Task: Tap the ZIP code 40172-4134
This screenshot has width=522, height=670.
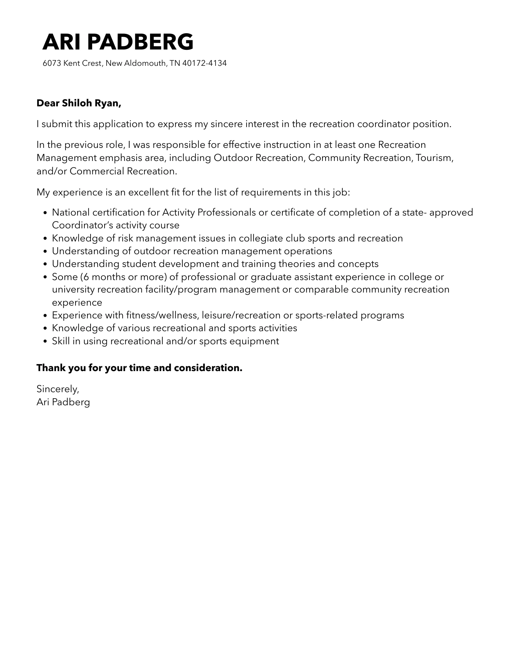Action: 204,63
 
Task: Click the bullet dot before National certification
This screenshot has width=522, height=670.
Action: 45,213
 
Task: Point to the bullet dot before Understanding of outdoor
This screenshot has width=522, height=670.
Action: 45,251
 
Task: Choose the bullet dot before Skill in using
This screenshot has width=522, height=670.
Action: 45,341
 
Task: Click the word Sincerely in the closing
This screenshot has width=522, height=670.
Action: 58,389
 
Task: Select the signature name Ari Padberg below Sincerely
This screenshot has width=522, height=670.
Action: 63,402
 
